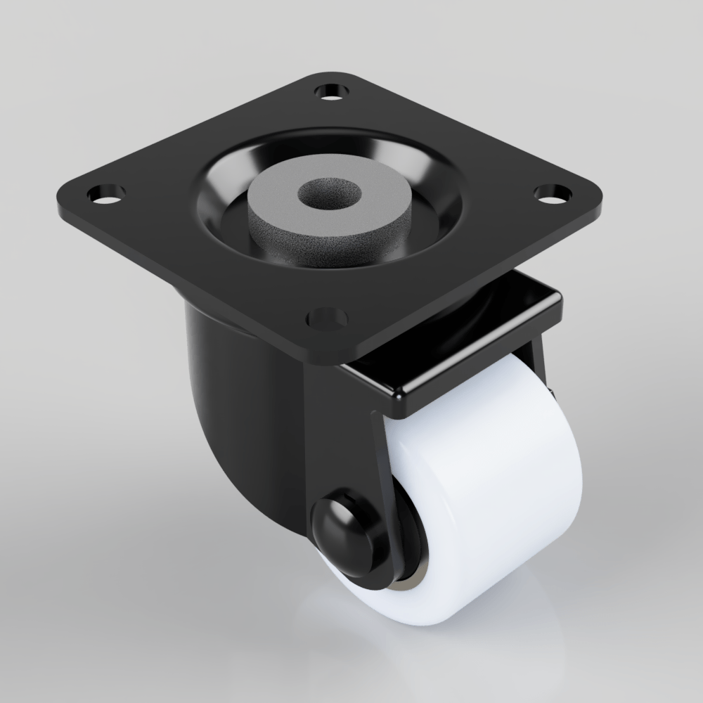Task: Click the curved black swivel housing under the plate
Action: [225, 394]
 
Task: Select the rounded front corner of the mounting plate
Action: [330, 355]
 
